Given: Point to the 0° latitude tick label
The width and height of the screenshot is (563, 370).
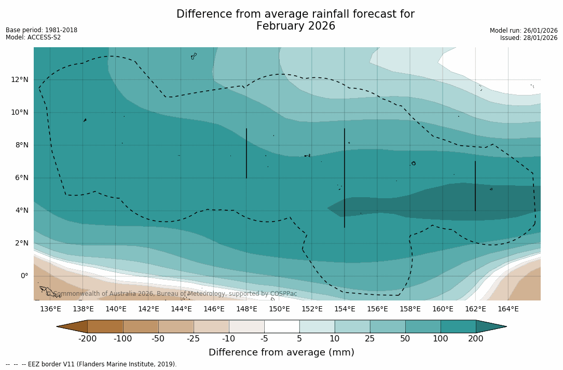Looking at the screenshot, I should coord(24,276).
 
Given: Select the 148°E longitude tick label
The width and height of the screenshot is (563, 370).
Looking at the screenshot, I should coord(246,309).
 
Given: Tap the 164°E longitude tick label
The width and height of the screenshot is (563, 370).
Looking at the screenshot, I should coord(508,309).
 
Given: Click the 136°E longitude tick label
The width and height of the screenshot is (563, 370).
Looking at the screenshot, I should coord(50,309).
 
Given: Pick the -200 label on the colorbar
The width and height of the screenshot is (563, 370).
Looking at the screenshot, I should coord(87,339).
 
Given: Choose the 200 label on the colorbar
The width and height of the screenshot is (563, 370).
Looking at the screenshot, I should coord(476,339).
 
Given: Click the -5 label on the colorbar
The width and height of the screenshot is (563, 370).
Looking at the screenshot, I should coord(264,339).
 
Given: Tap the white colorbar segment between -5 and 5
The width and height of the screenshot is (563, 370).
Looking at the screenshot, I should coord(282,326).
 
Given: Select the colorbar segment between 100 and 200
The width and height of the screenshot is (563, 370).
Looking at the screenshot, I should coord(458,326).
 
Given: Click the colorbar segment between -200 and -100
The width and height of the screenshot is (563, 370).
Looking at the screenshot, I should coord(105,326).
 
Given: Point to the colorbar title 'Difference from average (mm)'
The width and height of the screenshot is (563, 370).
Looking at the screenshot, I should coord(281,353).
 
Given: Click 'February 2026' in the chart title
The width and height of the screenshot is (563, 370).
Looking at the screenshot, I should coord(295,26).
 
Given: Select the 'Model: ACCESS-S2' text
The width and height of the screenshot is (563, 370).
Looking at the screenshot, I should coord(33,37).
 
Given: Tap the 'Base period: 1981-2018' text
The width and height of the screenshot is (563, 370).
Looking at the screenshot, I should coord(42,30).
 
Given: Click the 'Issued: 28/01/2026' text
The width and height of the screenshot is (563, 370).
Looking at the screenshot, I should coord(529,38).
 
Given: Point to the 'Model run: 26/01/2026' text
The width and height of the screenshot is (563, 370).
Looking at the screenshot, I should coord(524,31).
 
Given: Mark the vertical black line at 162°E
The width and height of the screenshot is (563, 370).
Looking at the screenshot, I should coord(475,186).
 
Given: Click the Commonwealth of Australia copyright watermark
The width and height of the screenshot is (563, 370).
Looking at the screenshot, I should coord(172,294).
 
